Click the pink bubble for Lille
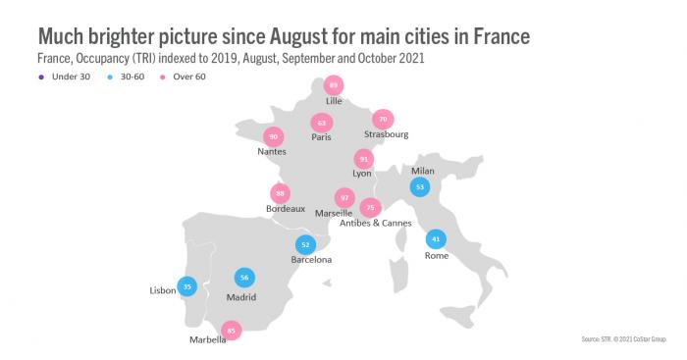point(336,86)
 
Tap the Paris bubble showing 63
point(321,123)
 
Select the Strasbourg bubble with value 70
point(384,120)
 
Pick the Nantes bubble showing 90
point(274,137)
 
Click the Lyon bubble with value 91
point(364,158)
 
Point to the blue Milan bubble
point(420,185)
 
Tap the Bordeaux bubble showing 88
point(281,193)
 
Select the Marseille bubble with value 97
point(344,198)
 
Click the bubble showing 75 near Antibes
point(370,208)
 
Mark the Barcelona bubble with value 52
point(306,245)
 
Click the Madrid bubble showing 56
point(244,278)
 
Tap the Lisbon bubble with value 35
point(187,287)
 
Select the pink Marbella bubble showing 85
point(231,331)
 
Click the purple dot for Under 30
point(42,76)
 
